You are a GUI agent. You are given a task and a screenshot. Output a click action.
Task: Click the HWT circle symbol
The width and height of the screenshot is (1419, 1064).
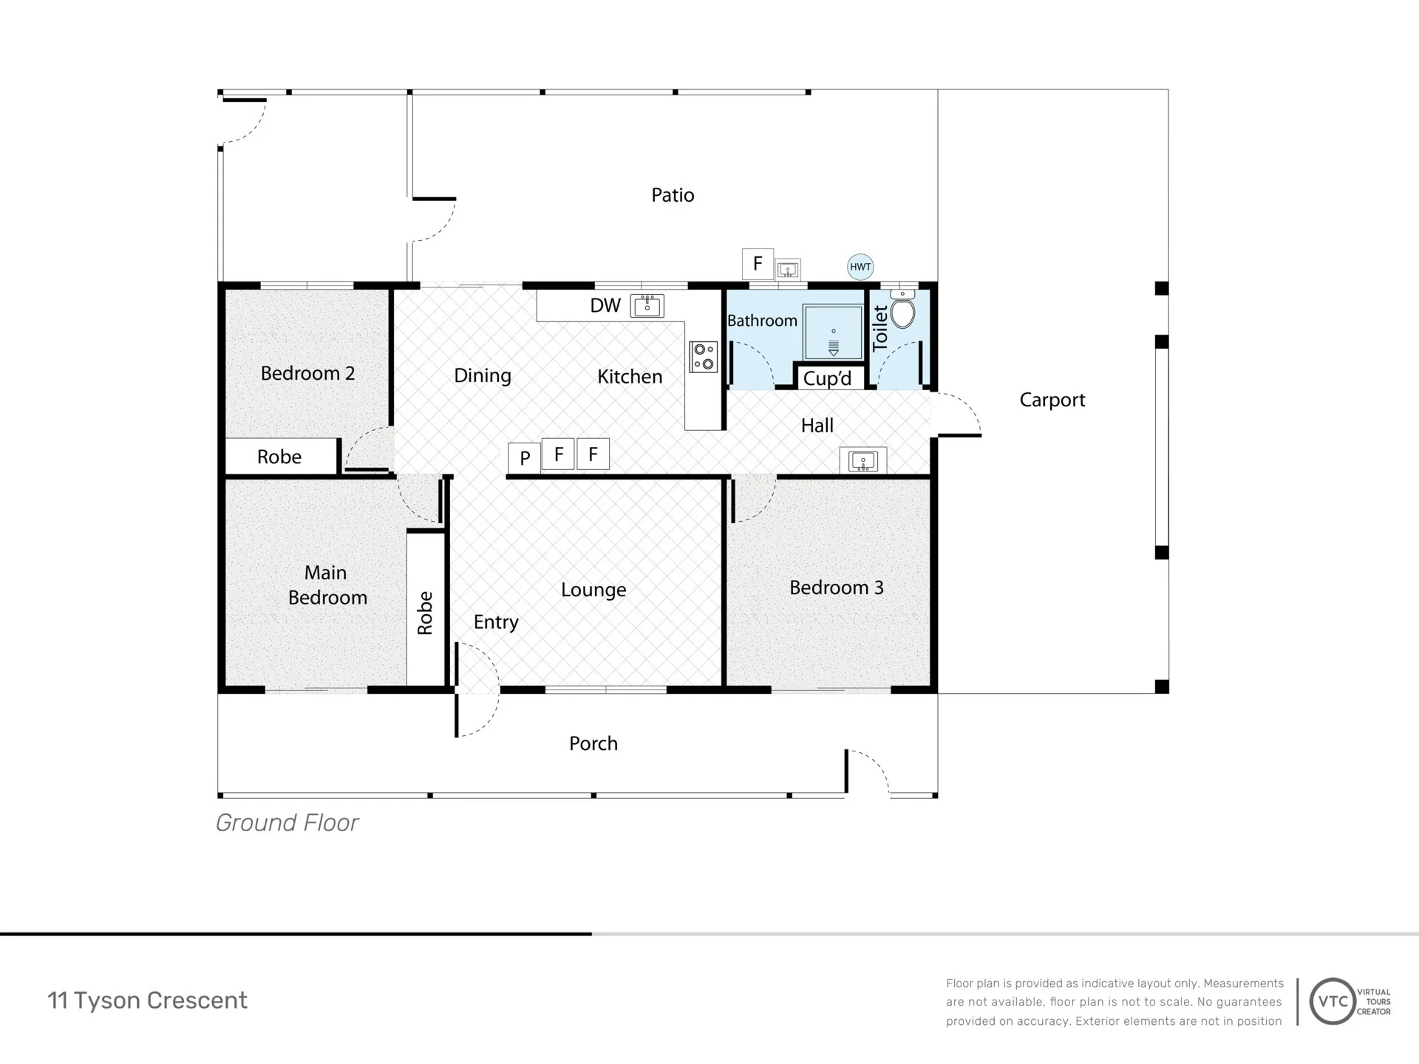pyautogui.click(x=860, y=267)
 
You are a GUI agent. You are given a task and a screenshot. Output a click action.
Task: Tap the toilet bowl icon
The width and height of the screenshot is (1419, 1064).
pyautogui.click(x=902, y=310)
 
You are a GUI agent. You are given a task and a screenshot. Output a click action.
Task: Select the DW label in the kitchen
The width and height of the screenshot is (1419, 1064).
pyautogui.click(x=605, y=306)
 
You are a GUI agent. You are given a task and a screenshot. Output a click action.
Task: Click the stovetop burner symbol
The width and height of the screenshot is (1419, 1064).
pyautogui.click(x=704, y=357)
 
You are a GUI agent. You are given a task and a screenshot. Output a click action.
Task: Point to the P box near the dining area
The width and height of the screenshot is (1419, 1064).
pyautogui.click(x=525, y=458)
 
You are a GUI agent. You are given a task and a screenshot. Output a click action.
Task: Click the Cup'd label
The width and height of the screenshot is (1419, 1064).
pyautogui.click(x=827, y=378)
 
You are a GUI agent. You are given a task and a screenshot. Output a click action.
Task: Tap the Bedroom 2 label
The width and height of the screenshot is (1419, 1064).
pyautogui.click(x=307, y=373)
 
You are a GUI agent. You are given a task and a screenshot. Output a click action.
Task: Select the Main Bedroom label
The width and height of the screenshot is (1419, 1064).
pyautogui.click(x=327, y=584)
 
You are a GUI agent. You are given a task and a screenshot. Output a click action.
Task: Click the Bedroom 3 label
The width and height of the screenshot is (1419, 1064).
pyautogui.click(x=837, y=587)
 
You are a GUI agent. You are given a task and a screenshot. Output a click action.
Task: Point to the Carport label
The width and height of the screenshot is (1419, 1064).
pyautogui.click(x=1052, y=400)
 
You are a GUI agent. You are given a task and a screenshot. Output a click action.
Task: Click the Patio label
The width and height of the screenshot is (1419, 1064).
pyautogui.click(x=673, y=195)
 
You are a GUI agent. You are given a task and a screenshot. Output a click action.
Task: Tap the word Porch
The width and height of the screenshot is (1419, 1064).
pyautogui.click(x=593, y=743)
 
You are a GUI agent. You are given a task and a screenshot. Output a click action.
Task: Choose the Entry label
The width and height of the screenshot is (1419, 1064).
pyautogui.click(x=496, y=622)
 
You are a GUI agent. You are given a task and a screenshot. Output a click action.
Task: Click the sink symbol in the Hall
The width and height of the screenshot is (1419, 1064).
pyautogui.click(x=863, y=461)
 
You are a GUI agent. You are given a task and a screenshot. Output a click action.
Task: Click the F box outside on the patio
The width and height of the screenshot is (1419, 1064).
pyautogui.click(x=758, y=264)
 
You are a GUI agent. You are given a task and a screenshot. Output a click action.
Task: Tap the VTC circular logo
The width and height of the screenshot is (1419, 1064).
pyautogui.click(x=1333, y=1001)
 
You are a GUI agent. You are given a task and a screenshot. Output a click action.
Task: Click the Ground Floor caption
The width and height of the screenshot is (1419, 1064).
pyautogui.click(x=287, y=822)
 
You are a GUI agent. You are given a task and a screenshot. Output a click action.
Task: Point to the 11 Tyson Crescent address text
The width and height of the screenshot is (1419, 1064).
pyautogui.click(x=147, y=1000)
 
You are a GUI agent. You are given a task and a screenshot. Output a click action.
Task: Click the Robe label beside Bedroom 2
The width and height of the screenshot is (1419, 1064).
pyautogui.click(x=279, y=457)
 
